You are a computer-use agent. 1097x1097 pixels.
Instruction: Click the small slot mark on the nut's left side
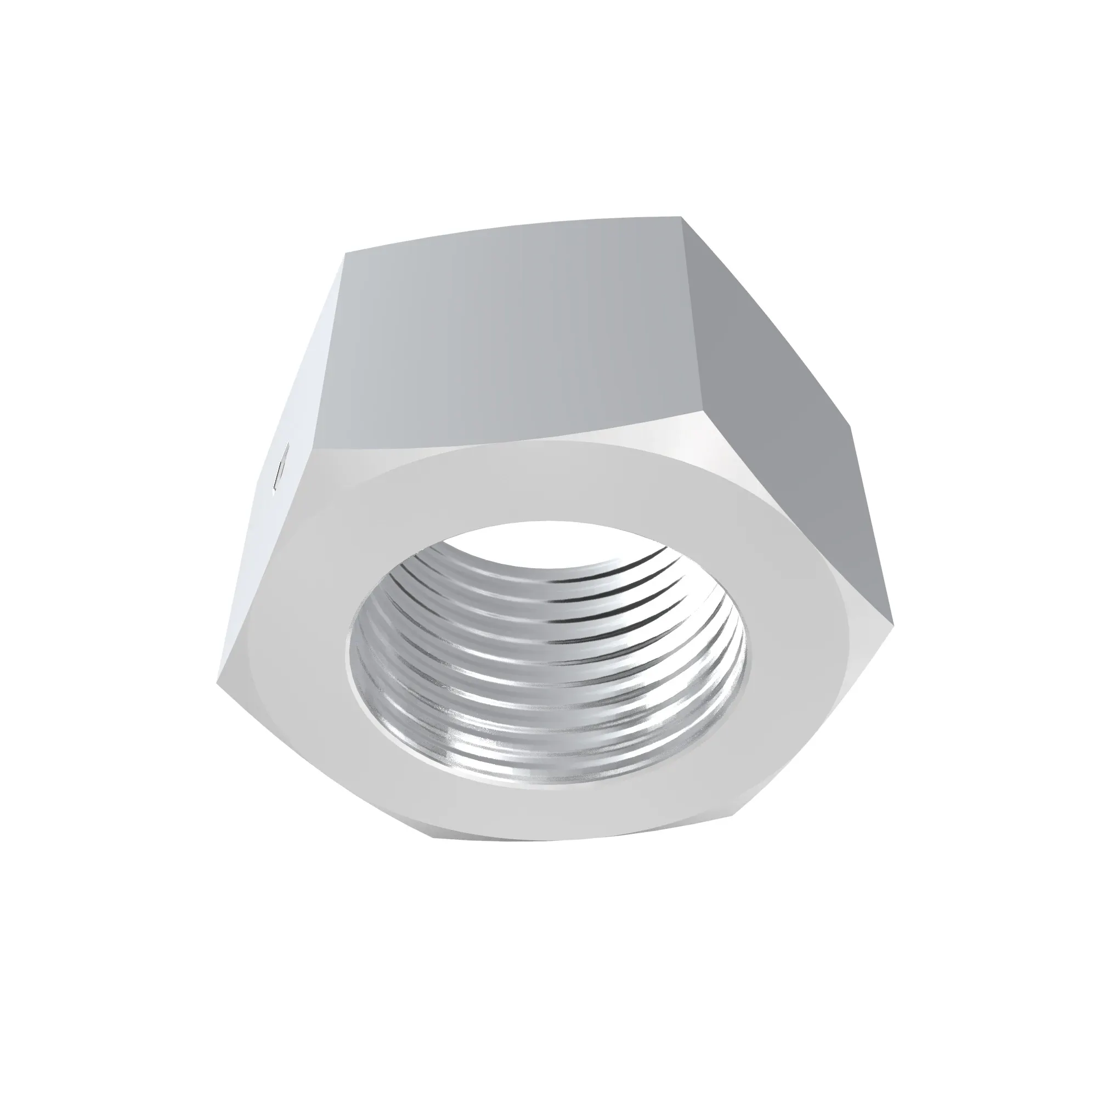coord(280,471)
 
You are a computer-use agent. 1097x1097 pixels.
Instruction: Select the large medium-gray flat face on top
coord(511,341)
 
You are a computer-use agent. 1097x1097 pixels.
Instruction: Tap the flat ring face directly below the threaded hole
coord(545,806)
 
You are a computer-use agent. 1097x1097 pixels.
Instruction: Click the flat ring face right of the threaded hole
coord(795,625)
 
